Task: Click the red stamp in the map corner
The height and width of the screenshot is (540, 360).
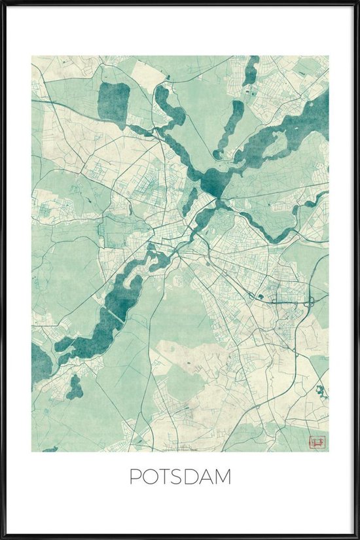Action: click(318, 442)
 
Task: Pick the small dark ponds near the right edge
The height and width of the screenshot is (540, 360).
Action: click(320, 393)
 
